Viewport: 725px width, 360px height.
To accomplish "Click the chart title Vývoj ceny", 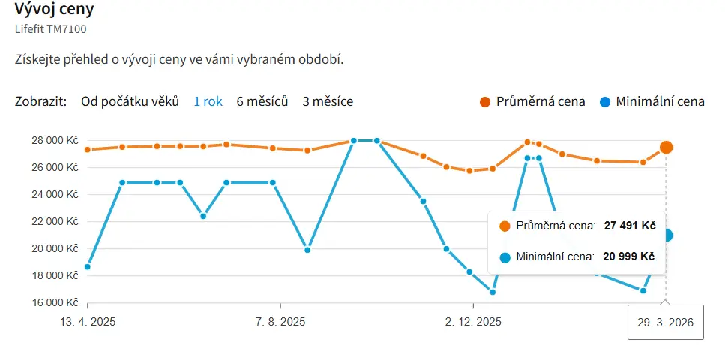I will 54,11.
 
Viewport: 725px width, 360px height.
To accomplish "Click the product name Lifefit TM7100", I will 50,29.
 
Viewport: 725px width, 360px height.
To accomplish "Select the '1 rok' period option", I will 208,101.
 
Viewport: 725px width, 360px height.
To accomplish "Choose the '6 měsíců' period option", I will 262,101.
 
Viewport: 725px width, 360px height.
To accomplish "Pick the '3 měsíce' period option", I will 328,101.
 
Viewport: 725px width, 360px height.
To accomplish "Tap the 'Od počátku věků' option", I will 130,101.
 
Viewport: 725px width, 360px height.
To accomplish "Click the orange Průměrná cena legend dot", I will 485,102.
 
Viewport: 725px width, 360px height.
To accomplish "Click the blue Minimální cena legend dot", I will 604,102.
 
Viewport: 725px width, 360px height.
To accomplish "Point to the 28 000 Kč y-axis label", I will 54,141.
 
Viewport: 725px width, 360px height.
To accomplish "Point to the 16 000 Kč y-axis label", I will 54,303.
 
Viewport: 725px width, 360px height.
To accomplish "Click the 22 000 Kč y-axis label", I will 54,222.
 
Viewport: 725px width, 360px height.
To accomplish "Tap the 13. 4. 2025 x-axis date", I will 88,322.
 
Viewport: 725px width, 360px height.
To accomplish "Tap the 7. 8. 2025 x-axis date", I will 280,322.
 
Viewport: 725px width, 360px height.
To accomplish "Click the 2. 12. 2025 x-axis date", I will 473,322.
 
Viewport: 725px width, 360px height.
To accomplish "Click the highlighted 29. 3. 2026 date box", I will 665,322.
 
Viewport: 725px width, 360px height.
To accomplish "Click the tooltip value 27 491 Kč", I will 630,225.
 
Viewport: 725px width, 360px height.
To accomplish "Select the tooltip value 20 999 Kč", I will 629,256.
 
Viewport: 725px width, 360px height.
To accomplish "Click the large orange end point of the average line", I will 666,148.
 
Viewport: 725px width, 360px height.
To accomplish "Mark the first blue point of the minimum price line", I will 88,267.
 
